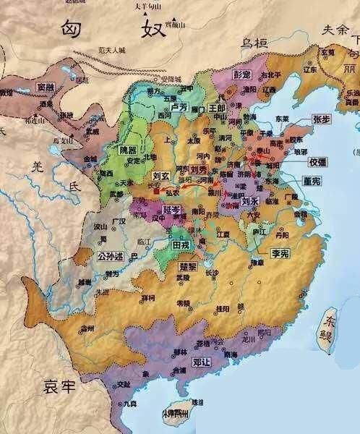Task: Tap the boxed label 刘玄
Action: [162, 176]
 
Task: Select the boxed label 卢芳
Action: [178, 106]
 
